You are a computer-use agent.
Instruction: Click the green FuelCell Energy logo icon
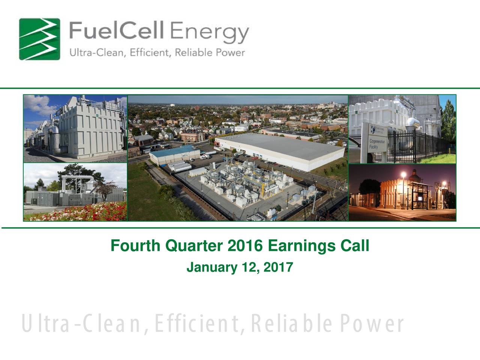click(x=39, y=39)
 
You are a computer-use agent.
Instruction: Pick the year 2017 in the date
click(x=278, y=267)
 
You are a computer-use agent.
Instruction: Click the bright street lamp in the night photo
click(x=403, y=175)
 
